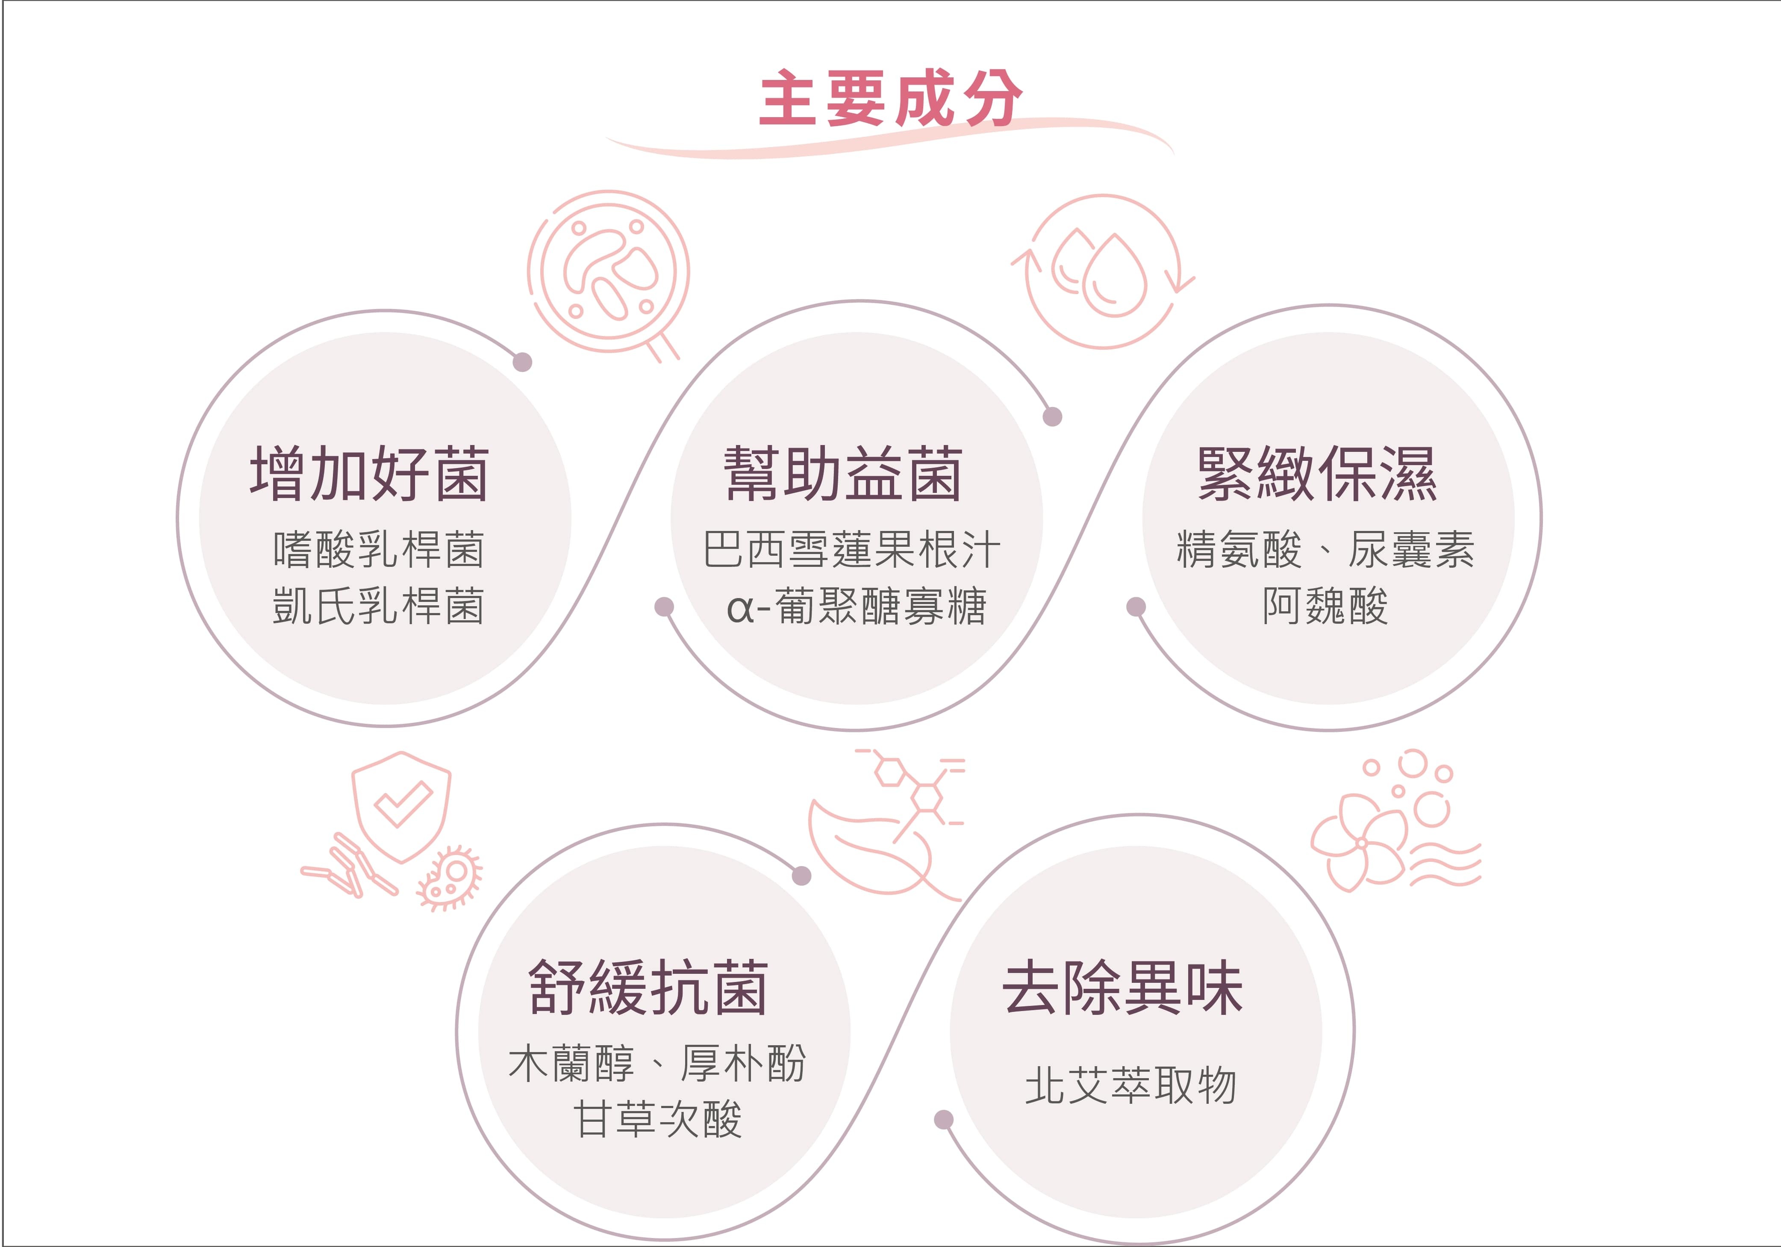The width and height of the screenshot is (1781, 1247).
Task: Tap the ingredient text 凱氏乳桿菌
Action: (x=379, y=606)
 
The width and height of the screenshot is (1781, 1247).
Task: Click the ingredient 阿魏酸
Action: (x=1325, y=606)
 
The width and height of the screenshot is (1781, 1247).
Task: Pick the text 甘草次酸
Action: (x=658, y=1120)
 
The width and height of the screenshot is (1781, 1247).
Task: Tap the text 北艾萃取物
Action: (x=1130, y=1085)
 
